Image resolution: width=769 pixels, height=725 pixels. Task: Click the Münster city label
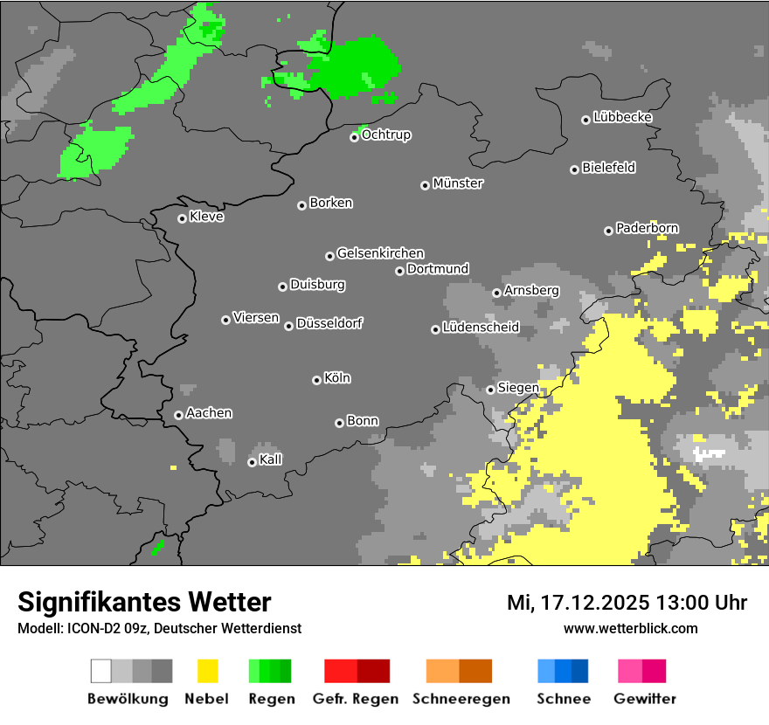pyautogui.click(x=458, y=183)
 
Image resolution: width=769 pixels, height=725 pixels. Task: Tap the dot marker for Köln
pyautogui.click(x=316, y=380)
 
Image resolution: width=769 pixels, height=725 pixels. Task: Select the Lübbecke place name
pyautogui.click(x=623, y=117)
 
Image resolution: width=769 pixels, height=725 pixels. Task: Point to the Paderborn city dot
pyautogui.click(x=608, y=231)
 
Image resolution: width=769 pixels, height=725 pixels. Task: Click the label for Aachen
pyautogui.click(x=209, y=413)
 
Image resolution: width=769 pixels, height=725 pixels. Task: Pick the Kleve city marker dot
pyautogui.click(x=182, y=218)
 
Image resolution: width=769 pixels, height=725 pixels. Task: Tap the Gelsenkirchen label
pyautogui.click(x=380, y=253)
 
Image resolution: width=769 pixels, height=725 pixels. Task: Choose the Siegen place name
pyautogui.click(x=518, y=388)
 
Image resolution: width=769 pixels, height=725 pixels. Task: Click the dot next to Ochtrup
pyautogui.click(x=354, y=137)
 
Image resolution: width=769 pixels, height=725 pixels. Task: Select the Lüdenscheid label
pyautogui.click(x=481, y=328)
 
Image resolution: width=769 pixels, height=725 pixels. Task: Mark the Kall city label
pyautogui.click(x=271, y=459)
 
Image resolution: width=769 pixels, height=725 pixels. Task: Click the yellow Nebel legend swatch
pyautogui.click(x=207, y=671)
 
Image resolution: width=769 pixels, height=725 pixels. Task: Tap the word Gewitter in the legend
pyautogui.click(x=645, y=699)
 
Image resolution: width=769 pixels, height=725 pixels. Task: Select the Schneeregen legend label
pyautogui.click(x=461, y=699)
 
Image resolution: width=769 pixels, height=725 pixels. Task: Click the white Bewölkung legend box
pyautogui.click(x=101, y=671)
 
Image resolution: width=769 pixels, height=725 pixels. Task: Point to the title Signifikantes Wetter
pyautogui.click(x=144, y=602)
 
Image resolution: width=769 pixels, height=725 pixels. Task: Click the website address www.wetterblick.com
pyautogui.click(x=630, y=628)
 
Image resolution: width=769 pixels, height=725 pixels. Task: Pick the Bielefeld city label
pyautogui.click(x=608, y=168)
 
